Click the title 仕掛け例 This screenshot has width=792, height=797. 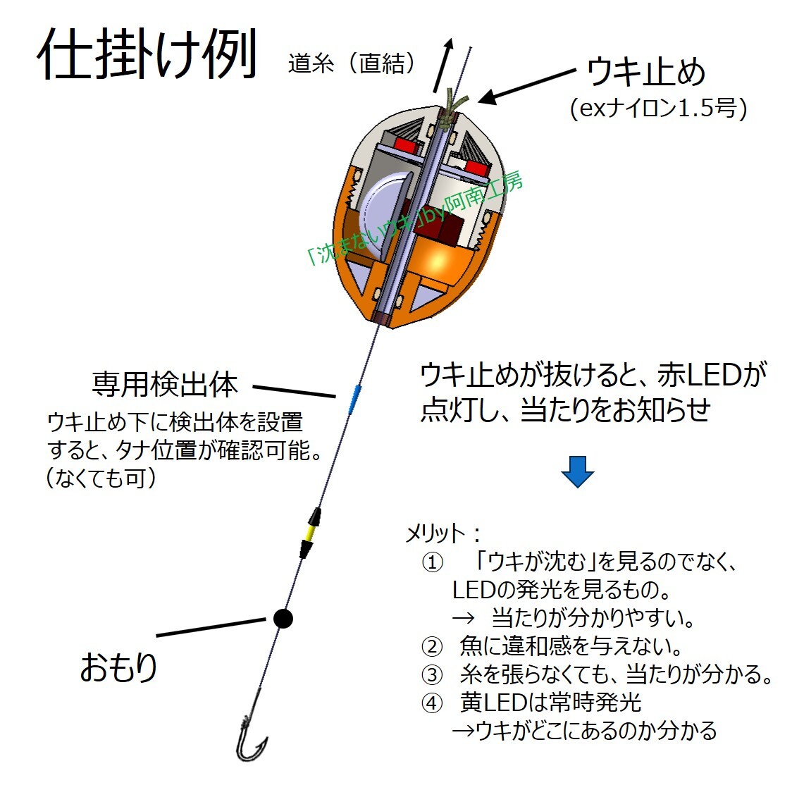tap(147, 54)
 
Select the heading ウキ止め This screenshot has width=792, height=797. tap(645, 72)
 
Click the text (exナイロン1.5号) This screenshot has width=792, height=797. tap(657, 109)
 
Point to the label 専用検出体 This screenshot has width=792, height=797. tap(165, 384)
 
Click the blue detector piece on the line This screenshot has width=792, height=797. tap(355, 397)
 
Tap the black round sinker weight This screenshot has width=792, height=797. tap(283, 618)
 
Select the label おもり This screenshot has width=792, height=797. tap(118, 667)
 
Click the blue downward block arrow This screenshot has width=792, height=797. tap(577, 471)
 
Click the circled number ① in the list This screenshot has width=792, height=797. tap(431, 562)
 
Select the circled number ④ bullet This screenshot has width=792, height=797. tap(431, 703)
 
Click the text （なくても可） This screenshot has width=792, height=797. tap(102, 478)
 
